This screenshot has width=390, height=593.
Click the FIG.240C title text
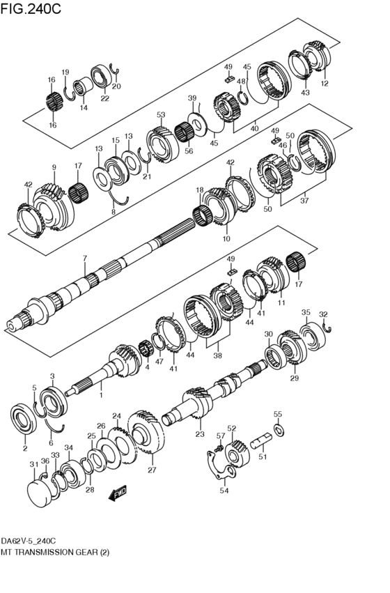tap(31, 9)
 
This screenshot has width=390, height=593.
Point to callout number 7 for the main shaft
tap(84, 259)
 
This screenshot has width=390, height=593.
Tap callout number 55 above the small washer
tap(277, 414)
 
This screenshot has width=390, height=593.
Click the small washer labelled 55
tap(278, 428)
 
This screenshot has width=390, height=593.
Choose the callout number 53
tap(161, 115)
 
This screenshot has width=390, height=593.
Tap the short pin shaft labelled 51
tap(262, 441)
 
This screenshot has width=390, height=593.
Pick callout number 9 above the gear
tap(54, 167)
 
